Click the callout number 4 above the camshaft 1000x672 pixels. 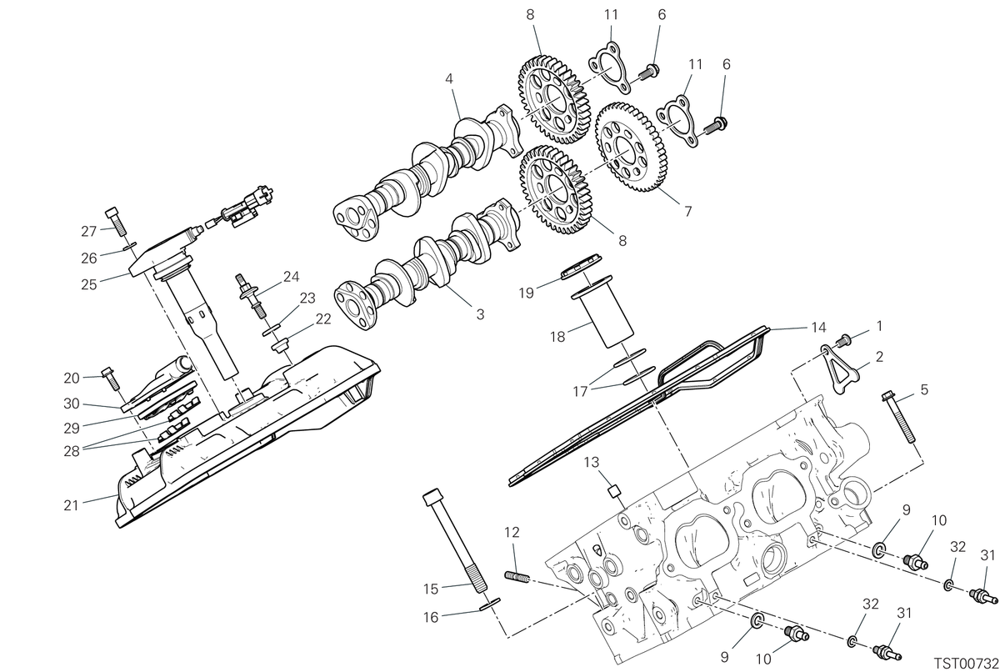(448, 79)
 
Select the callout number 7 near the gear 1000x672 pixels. (688, 211)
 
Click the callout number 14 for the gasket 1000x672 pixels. (818, 328)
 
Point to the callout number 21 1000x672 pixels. (71, 505)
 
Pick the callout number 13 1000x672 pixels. (592, 462)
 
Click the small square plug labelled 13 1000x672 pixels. (614, 492)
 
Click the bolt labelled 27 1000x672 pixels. (116, 222)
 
